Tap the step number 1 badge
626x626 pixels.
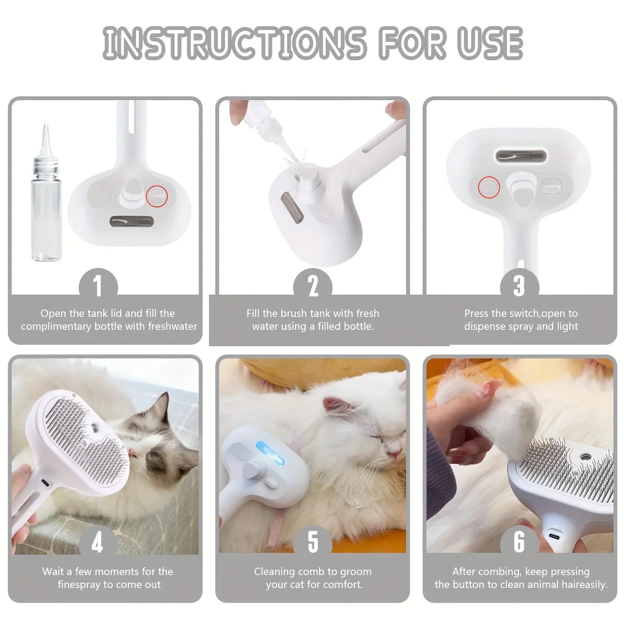pos(98,286)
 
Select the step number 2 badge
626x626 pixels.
pos(313,286)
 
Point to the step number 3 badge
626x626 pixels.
pos(519,286)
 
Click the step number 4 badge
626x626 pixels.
pos(98,542)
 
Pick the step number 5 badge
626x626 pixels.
pos(313,542)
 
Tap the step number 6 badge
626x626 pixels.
pos(519,542)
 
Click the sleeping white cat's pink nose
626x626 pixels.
pos(395,454)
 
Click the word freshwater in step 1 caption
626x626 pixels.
pos(172,326)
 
